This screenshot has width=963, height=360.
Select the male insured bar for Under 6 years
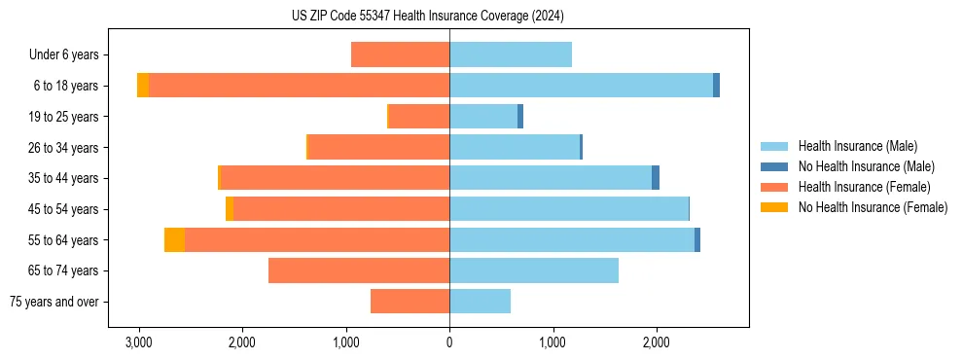(510, 54)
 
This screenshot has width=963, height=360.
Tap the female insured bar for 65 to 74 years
(358, 270)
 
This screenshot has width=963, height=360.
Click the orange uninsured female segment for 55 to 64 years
(174, 239)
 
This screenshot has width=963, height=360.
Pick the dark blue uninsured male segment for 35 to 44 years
(656, 178)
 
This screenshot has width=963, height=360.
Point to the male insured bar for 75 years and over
(480, 302)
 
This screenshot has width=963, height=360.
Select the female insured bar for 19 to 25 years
(418, 117)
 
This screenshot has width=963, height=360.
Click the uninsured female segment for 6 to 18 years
(143, 86)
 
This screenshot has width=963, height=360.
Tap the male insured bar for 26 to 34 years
(515, 147)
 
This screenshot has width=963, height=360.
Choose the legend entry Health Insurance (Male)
(856, 146)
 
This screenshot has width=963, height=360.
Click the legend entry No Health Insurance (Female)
(873, 207)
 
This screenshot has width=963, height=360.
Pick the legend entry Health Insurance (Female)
(864, 187)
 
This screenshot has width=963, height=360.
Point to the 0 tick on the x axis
(449, 342)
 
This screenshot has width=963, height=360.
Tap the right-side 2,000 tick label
(656, 342)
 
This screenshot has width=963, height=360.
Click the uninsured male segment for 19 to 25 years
(520, 117)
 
